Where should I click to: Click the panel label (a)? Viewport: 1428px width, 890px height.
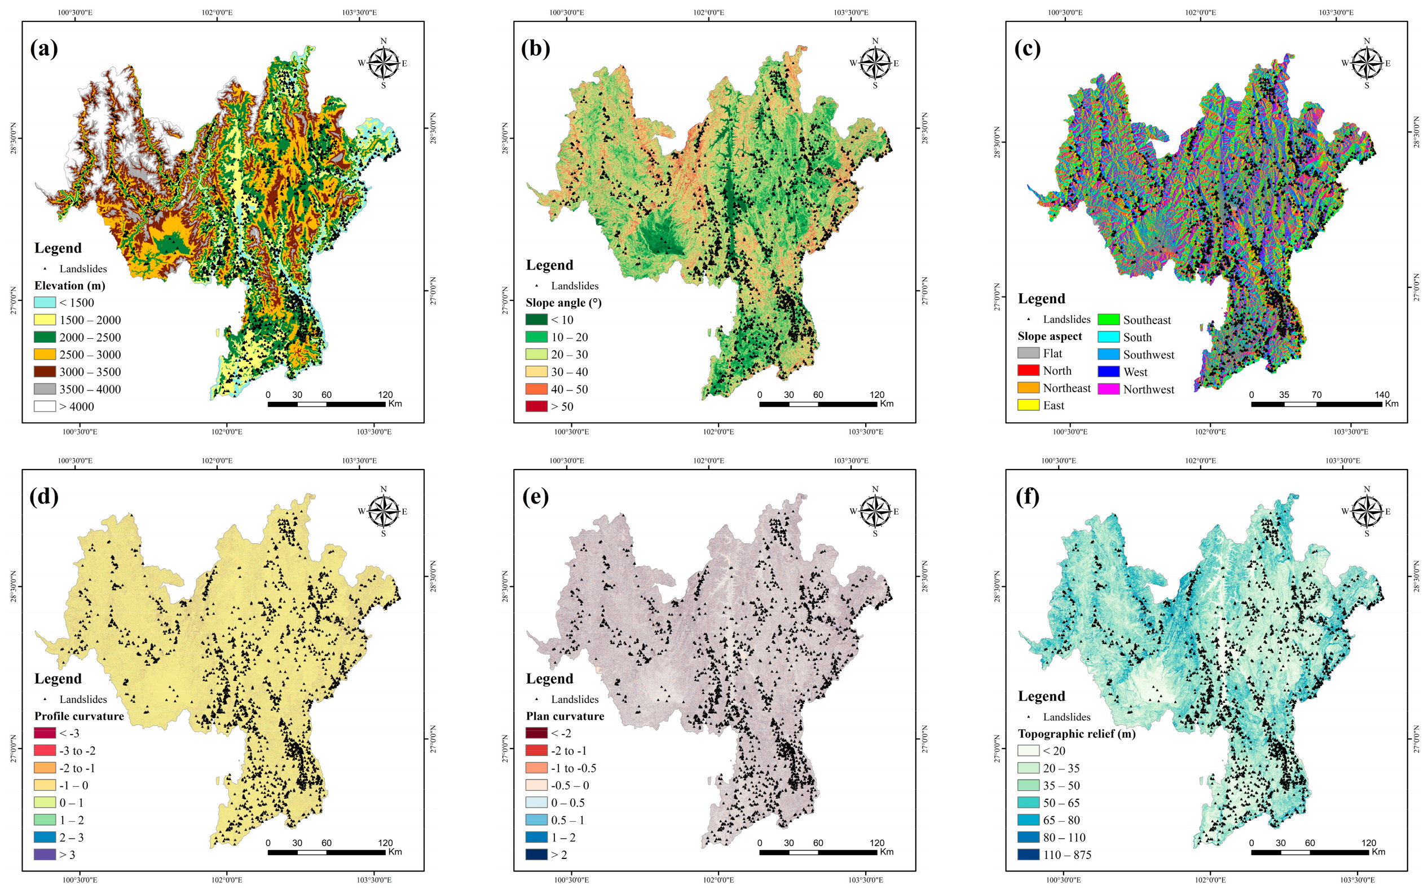pyautogui.click(x=44, y=49)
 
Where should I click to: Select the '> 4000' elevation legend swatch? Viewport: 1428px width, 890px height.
pyautogui.click(x=45, y=406)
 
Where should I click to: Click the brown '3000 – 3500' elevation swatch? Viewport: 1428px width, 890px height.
pyautogui.click(x=45, y=371)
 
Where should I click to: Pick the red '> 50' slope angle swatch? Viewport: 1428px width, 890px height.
pyautogui.click(x=536, y=406)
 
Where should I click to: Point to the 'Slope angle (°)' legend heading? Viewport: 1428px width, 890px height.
pyautogui.click(x=563, y=303)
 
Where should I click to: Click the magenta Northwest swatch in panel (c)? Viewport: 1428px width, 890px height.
pyautogui.click(x=1108, y=389)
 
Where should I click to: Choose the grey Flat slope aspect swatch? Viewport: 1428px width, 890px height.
pyautogui.click(x=1028, y=353)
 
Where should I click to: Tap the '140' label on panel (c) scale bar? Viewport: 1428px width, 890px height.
pyautogui.click(x=1382, y=395)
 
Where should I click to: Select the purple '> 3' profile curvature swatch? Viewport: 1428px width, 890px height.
pyautogui.click(x=45, y=854)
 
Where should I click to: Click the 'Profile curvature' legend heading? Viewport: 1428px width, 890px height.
pyautogui.click(x=79, y=716)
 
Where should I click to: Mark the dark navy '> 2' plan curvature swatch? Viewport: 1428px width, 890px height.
pyautogui.click(x=536, y=854)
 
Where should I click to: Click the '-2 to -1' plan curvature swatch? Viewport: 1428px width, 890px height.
pyautogui.click(x=536, y=750)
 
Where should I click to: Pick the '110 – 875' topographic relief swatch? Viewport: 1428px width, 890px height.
pyautogui.click(x=1028, y=854)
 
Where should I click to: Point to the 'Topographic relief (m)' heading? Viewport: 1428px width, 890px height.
pyautogui.click(x=1077, y=733)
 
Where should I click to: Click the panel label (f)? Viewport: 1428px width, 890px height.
pyautogui.click(x=1028, y=497)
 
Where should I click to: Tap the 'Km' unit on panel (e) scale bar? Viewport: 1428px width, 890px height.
pyautogui.click(x=886, y=852)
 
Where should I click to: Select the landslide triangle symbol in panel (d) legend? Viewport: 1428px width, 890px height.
pyautogui.click(x=45, y=699)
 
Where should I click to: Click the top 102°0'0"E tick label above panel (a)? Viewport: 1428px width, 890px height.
pyautogui.click(x=217, y=12)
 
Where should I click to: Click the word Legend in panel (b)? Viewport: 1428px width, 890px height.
pyautogui.click(x=549, y=265)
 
